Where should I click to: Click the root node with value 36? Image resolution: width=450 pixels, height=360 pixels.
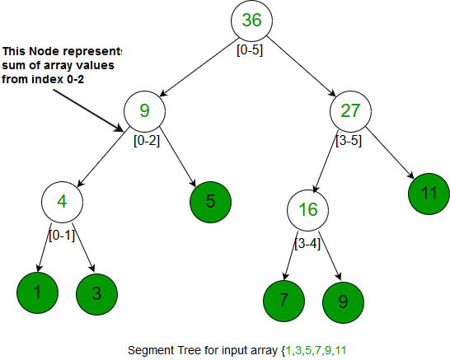coord(251,21)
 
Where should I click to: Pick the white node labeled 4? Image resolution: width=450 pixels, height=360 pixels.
coord(62,200)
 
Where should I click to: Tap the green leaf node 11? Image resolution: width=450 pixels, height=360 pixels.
coord(427,193)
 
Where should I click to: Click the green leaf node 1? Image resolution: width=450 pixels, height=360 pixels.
coord(36,292)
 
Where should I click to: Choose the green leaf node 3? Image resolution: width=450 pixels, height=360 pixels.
coord(97,292)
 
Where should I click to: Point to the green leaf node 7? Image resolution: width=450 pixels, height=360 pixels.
coord(283,298)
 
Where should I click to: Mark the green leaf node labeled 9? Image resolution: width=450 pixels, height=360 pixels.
coord(342,298)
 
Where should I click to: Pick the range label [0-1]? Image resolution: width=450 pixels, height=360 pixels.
coord(63,236)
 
